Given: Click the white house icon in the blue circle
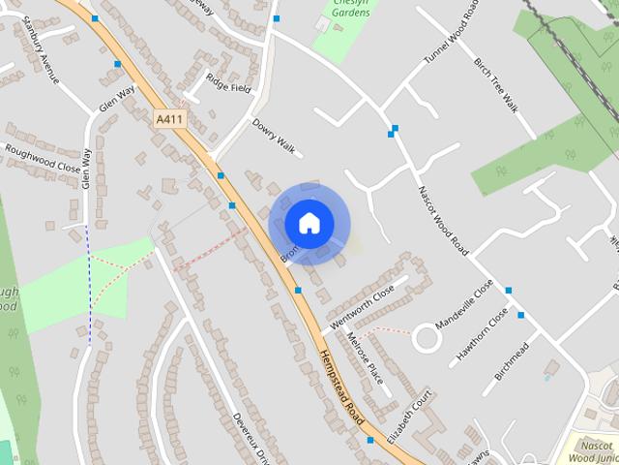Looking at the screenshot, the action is [x=309, y=223].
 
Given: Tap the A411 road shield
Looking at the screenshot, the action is [x=169, y=118].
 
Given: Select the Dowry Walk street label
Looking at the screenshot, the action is [x=273, y=134].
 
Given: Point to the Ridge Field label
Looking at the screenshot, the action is [x=228, y=87].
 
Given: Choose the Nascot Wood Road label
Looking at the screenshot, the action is [x=443, y=221].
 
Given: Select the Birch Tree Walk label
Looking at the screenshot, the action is [x=497, y=84].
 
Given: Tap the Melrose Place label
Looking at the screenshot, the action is [x=365, y=357].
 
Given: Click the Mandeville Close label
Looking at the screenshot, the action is [x=464, y=304].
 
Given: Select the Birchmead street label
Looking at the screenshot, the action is [x=512, y=361].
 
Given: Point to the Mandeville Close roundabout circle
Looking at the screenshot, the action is [x=427, y=339].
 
